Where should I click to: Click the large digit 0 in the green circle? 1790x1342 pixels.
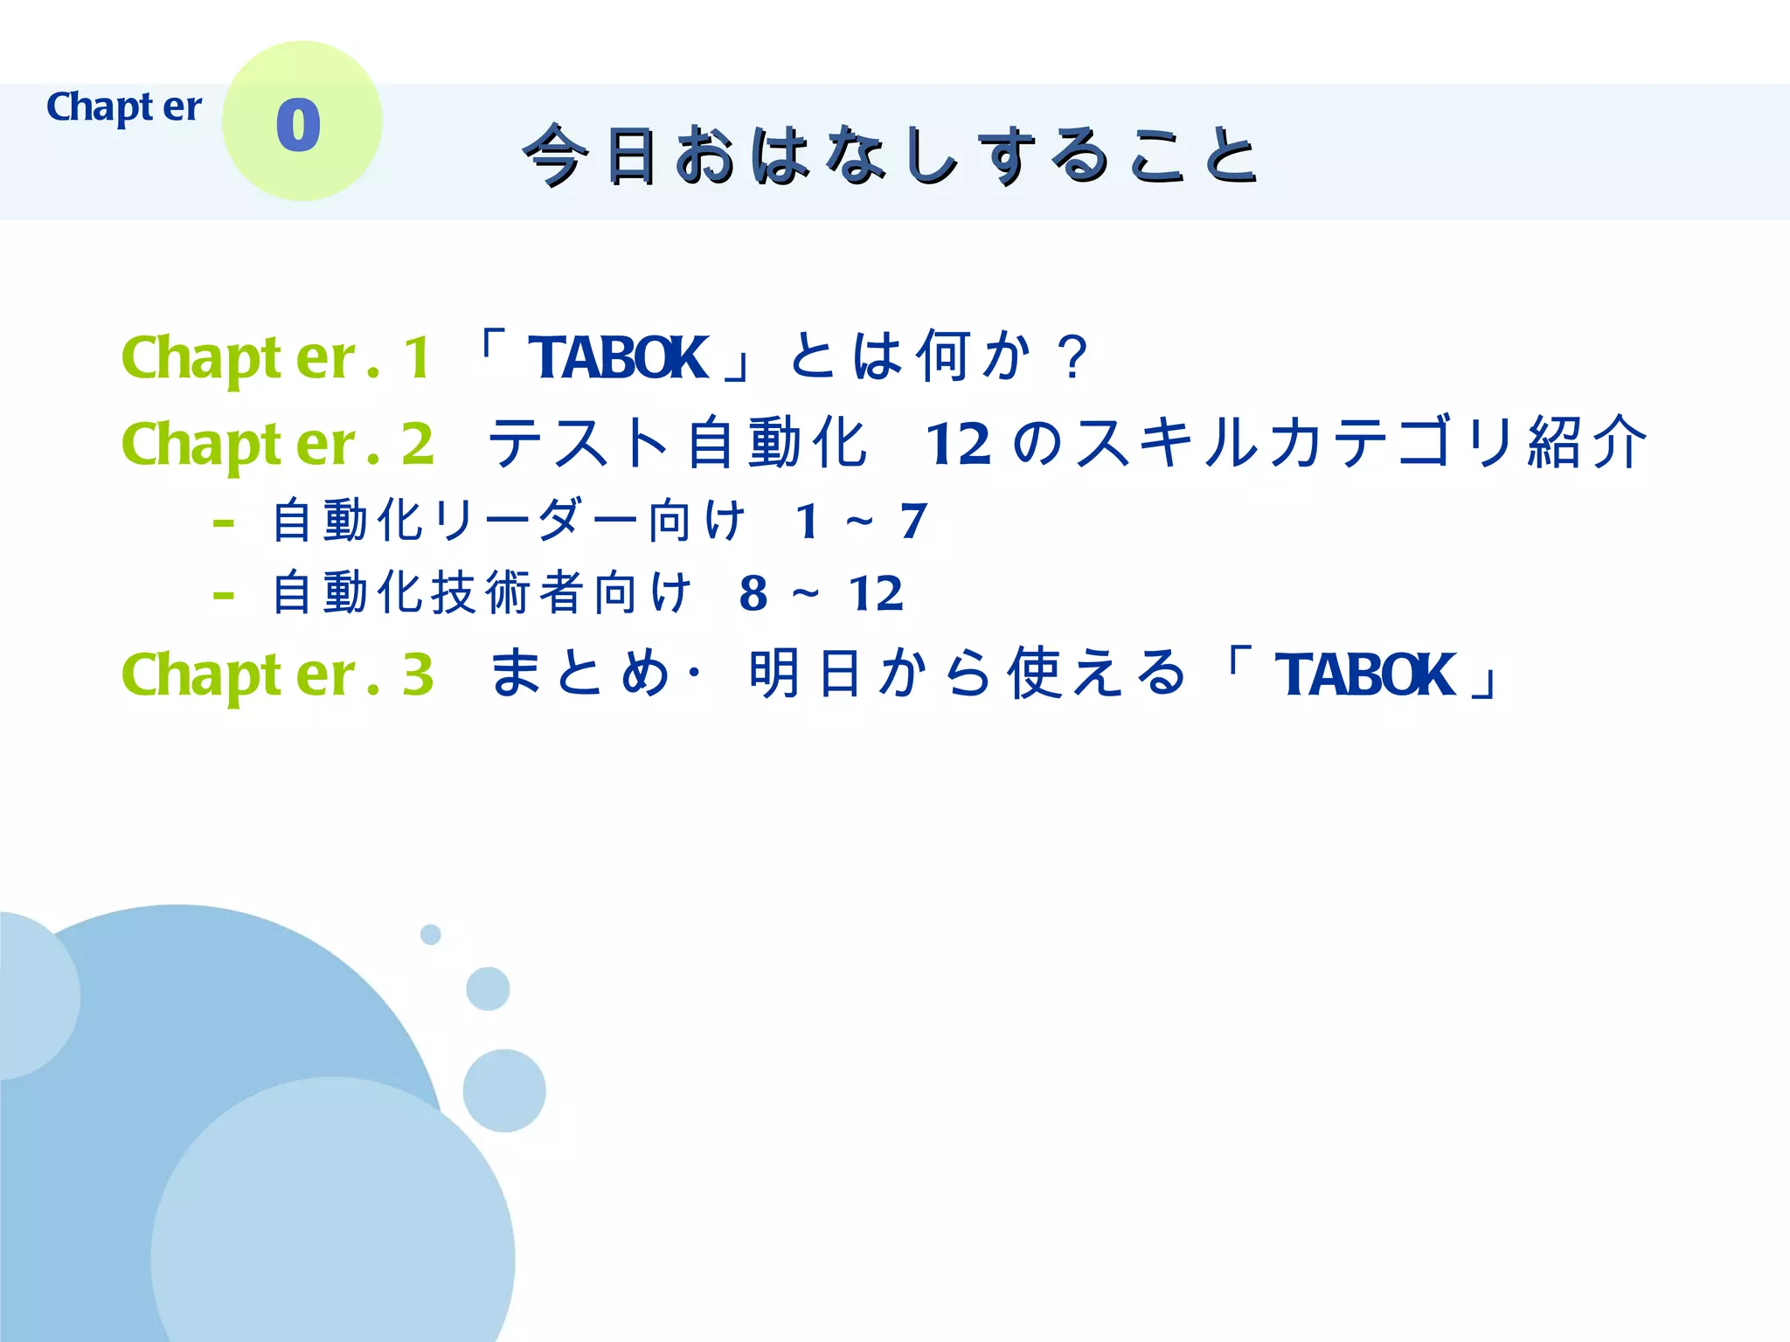tap(298, 126)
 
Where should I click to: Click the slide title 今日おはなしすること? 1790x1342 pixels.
tap(890, 156)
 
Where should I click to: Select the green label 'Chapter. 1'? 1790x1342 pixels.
tap(276, 358)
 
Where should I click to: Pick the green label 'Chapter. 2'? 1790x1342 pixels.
tap(277, 444)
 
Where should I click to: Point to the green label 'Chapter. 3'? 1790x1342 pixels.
tap(277, 674)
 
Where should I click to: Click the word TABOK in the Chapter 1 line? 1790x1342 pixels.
tap(618, 358)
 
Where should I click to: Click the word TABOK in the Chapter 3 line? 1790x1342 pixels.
tap(1364, 674)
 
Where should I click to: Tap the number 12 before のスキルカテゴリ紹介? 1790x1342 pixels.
tap(958, 444)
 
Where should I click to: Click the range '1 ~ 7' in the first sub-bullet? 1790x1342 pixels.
tap(861, 522)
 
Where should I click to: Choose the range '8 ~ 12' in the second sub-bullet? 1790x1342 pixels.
tap(821, 594)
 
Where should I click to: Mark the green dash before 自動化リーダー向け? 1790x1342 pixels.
tap(224, 524)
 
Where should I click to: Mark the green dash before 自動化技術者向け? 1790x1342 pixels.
tap(224, 597)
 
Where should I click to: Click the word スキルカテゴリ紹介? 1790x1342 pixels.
tap(1362, 443)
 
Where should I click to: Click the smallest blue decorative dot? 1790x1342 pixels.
tap(431, 935)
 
